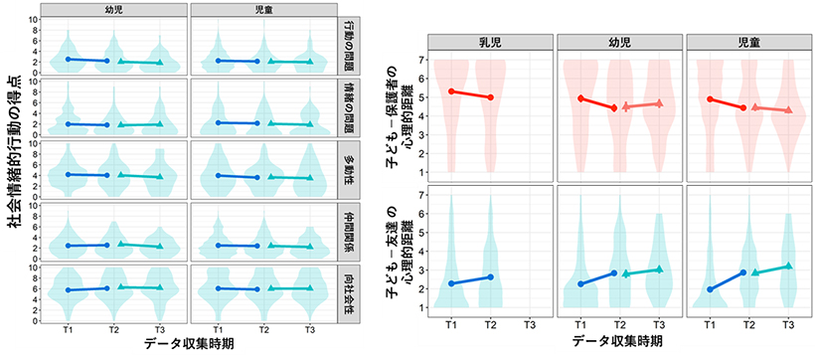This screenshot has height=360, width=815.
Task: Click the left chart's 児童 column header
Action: (262, 9)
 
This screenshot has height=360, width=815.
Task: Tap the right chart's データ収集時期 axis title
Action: (618, 341)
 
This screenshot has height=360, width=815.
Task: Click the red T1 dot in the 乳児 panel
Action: (452, 91)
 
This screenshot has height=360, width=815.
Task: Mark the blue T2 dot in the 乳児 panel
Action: (490, 277)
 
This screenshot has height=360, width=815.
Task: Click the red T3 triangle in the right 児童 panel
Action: (788, 109)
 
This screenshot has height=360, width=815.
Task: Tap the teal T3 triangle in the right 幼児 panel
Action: (658, 270)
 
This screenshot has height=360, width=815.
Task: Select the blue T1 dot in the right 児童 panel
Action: (711, 289)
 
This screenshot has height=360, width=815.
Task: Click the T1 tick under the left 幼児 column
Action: (68, 329)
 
